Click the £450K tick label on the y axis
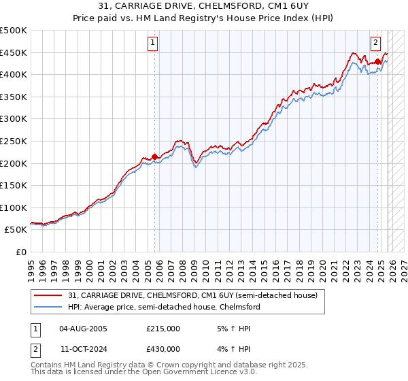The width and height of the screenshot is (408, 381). click(x=14, y=53)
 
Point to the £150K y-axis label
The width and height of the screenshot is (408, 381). click(x=14, y=185)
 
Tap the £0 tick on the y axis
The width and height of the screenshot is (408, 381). click(x=20, y=252)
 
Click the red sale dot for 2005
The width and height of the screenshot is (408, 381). click(x=154, y=156)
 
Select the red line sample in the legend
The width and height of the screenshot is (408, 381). click(x=48, y=296)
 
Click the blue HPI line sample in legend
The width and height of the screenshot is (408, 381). click(x=48, y=308)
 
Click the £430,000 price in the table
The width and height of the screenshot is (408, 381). click(x=163, y=350)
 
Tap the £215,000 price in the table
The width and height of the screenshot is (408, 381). click(x=163, y=329)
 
